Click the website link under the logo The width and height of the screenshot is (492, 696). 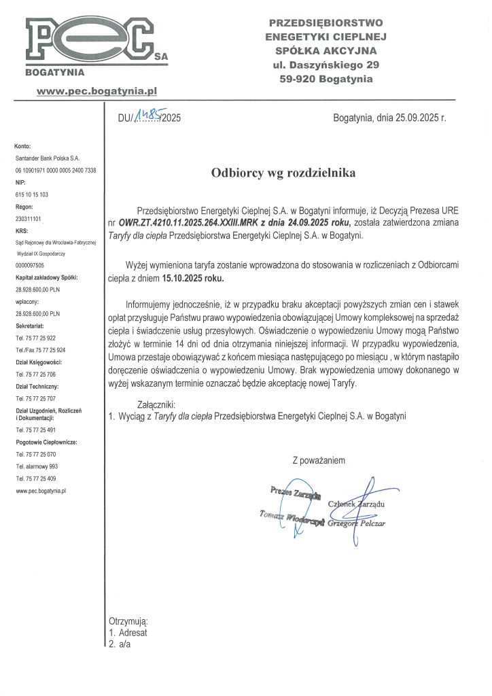pyautogui.click(x=97, y=89)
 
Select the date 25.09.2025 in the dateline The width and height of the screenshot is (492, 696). pyautogui.click(x=415, y=118)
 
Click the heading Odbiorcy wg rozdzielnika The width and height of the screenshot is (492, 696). pyautogui.click(x=283, y=173)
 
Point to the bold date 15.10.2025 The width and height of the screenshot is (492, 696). pyautogui.click(x=193, y=279)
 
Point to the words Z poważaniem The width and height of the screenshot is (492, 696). pyautogui.click(x=319, y=461)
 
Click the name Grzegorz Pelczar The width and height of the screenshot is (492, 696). pyautogui.click(x=356, y=524)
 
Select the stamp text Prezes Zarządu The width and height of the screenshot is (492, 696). pyautogui.click(x=296, y=491)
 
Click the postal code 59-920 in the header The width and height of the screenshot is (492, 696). pyautogui.click(x=299, y=79)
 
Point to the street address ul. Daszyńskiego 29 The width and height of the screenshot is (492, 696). pyautogui.click(x=326, y=65)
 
